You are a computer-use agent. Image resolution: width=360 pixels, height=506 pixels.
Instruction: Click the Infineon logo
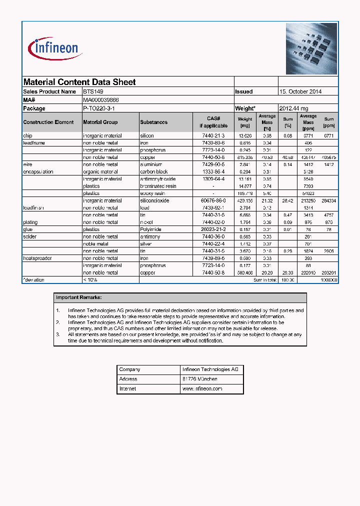pyautogui.click(x=55, y=48)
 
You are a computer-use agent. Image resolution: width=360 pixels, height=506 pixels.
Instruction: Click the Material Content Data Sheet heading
pyautogui.click(x=79, y=82)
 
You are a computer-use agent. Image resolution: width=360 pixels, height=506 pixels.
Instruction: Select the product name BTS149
pyautogui.click(x=93, y=92)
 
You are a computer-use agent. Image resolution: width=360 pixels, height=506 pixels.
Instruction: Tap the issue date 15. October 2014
pyautogui.click(x=300, y=92)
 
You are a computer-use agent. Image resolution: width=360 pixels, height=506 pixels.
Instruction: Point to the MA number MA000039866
pyautogui.click(x=101, y=100)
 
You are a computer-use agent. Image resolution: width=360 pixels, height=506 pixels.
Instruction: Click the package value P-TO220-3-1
pyautogui.click(x=99, y=108)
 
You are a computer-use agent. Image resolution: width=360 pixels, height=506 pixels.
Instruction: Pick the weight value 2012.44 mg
pyautogui.click(x=294, y=108)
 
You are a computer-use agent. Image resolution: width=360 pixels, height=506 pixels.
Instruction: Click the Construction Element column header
pyautogui.click(x=48, y=122)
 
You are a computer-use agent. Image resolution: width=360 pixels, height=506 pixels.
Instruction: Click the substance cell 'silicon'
pyautogui.click(x=147, y=135)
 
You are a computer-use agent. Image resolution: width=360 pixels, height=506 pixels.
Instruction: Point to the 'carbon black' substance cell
pyautogui.click(x=154, y=171)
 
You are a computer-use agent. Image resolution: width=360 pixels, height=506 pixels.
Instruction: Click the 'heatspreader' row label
pyautogui.click(x=37, y=258)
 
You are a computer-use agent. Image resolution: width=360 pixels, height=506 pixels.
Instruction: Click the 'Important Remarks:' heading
pyautogui.click(x=79, y=297)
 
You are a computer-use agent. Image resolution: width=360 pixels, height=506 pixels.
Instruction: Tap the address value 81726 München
pyautogui.click(x=200, y=379)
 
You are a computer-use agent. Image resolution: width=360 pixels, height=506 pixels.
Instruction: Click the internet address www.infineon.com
pyautogui.click(x=202, y=388)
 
